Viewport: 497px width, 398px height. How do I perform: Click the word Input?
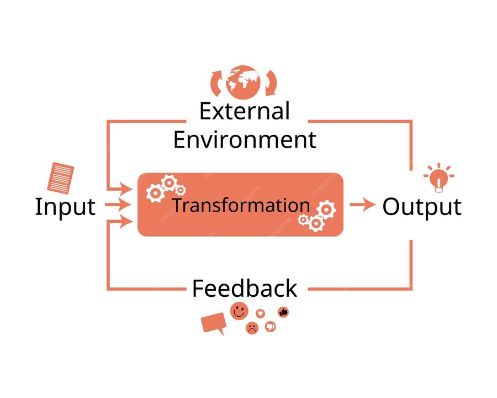coord(65,207)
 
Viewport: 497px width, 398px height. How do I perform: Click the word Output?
coord(422,207)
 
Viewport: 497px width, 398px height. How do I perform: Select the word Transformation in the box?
coord(241,205)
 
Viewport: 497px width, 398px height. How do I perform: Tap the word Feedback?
coord(245,289)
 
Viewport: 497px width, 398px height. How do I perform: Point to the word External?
coord(245,111)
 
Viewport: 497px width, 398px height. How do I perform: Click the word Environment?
coord(245,139)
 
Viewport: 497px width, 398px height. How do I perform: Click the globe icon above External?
coord(243,82)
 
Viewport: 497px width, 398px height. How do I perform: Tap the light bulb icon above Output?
coord(439,179)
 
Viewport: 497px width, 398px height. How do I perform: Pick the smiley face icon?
coord(239,311)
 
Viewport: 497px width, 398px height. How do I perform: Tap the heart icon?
coord(261,313)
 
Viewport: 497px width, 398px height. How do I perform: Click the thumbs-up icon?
coord(283,312)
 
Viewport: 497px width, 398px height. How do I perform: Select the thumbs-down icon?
coord(270,327)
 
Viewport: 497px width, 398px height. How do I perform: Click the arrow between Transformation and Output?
coord(362,205)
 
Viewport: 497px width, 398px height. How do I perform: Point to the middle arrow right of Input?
coord(118,205)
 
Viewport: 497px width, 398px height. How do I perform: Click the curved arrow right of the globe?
coord(271,83)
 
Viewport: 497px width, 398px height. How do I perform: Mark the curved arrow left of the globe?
coord(216,83)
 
